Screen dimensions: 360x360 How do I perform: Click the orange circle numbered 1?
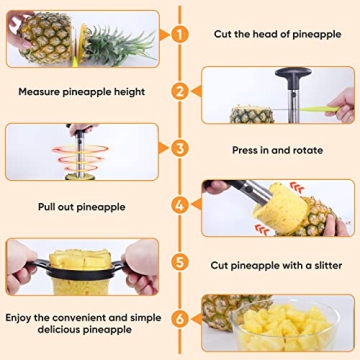click(180, 34)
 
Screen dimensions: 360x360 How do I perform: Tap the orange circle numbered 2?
click(180, 91)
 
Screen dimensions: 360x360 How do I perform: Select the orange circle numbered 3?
click(180, 149)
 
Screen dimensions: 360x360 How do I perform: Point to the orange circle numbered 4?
click(180, 207)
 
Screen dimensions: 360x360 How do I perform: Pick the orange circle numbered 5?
click(180, 264)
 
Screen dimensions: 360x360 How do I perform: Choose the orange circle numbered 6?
click(180, 320)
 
